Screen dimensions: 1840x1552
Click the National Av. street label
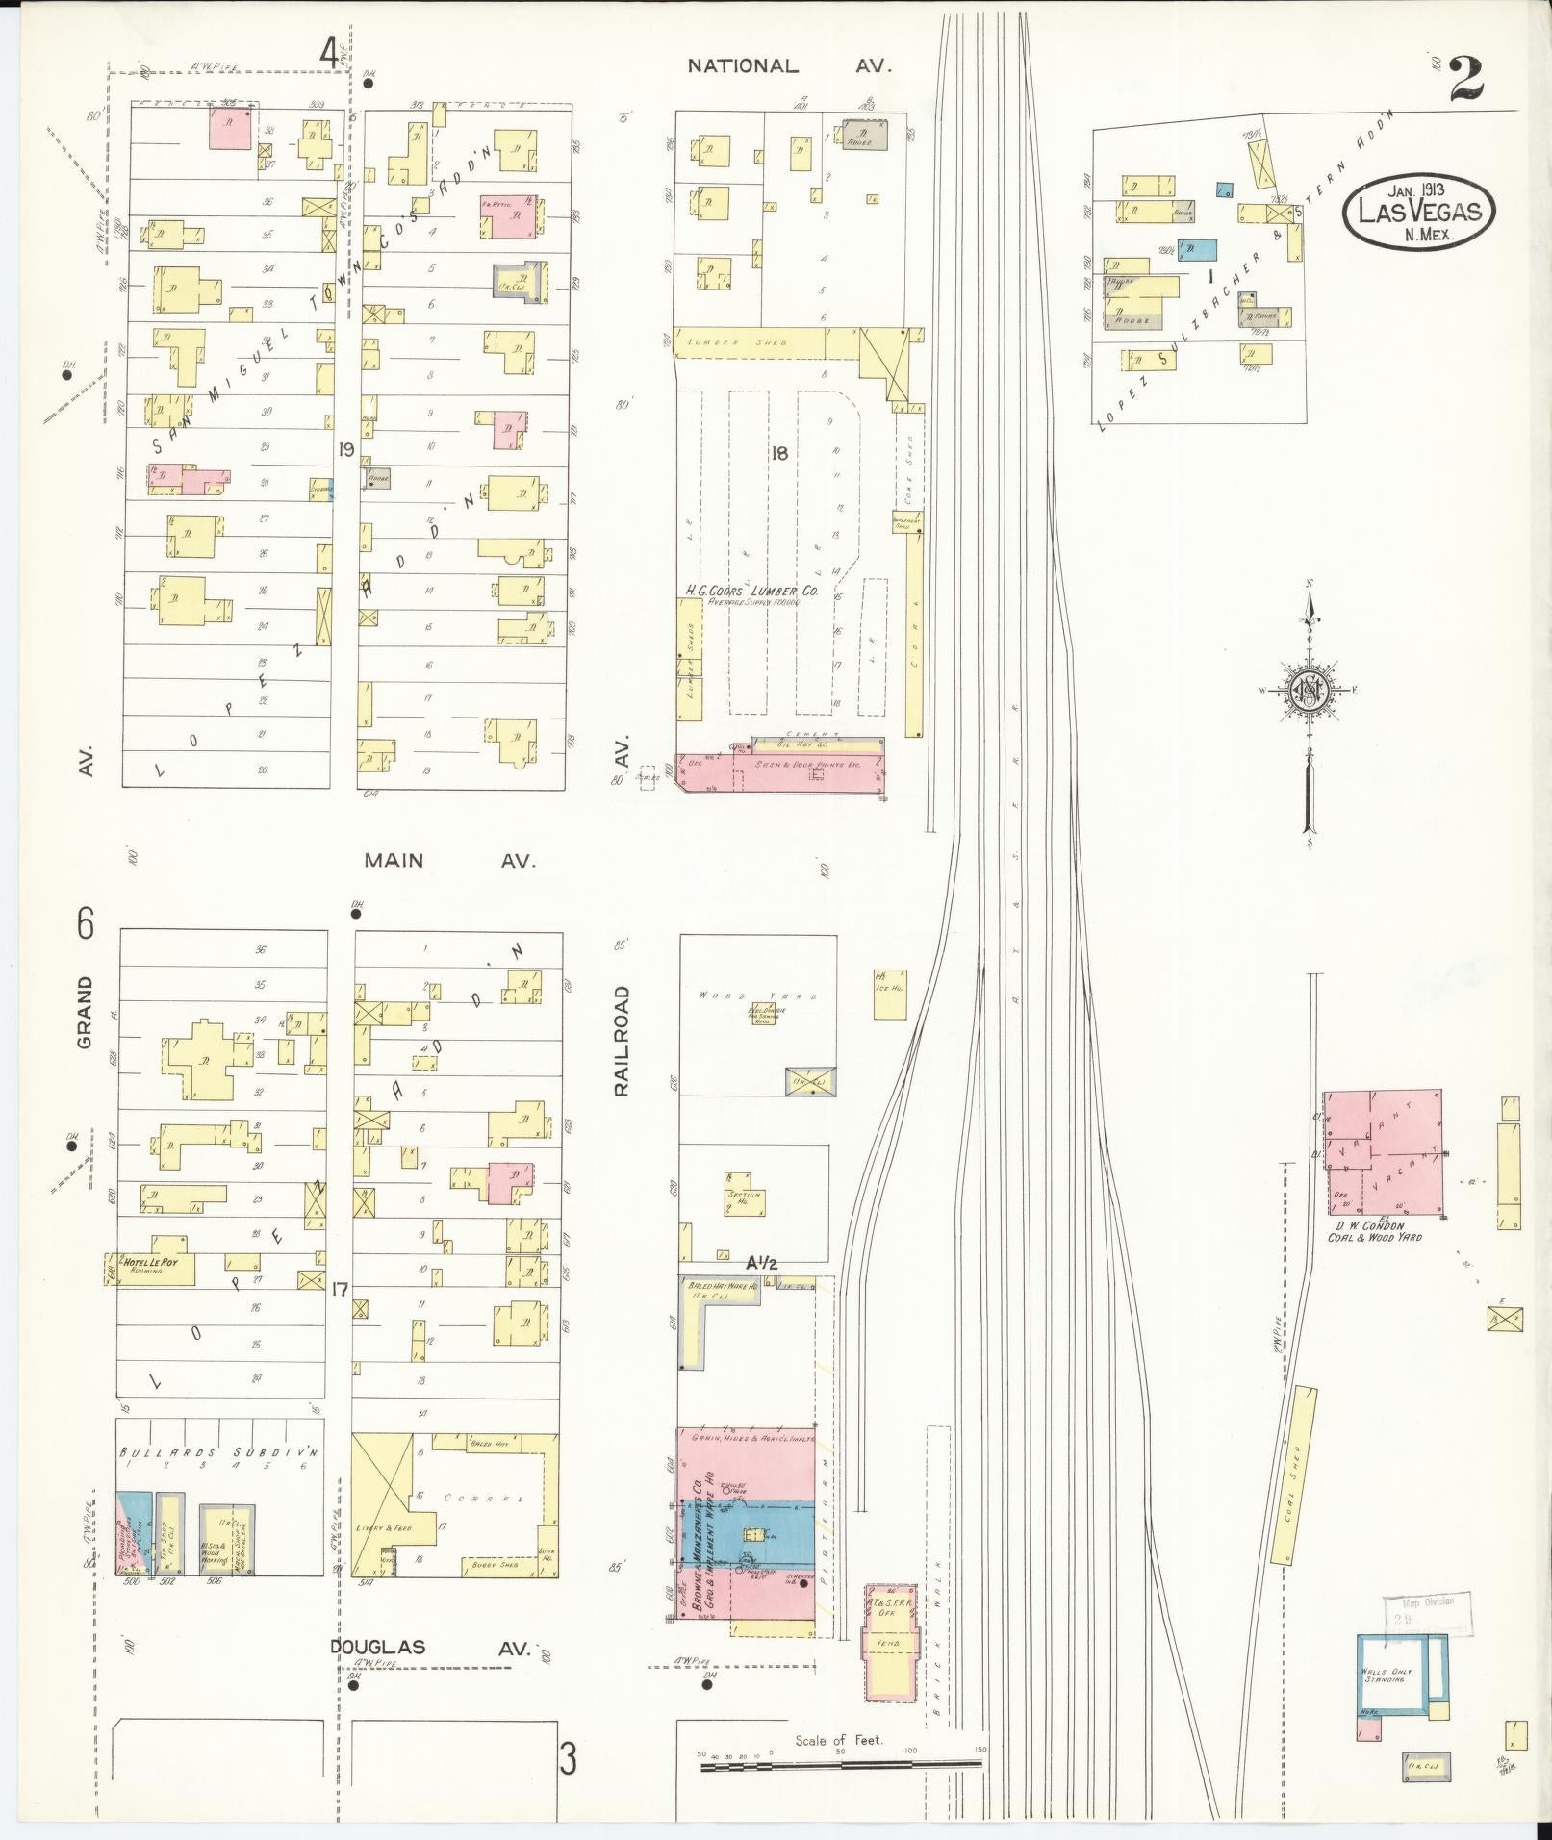pyautogui.click(x=789, y=66)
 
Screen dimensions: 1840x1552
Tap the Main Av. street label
pyautogui.click(x=448, y=860)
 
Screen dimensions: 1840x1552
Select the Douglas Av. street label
pyautogui.click(x=430, y=1648)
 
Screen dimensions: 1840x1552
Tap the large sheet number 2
pyautogui.click(x=1465, y=79)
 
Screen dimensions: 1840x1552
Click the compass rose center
pyautogui.click(x=1309, y=690)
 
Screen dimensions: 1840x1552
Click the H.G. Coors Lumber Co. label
pyautogui.click(x=751, y=592)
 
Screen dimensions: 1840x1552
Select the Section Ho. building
pyautogui.click(x=744, y=1192)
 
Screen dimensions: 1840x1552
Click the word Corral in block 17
pyautogui.click(x=472, y=1525)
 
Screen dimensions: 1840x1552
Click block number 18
pyautogui.click(x=778, y=453)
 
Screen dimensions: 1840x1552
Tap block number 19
pyautogui.click(x=346, y=449)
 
